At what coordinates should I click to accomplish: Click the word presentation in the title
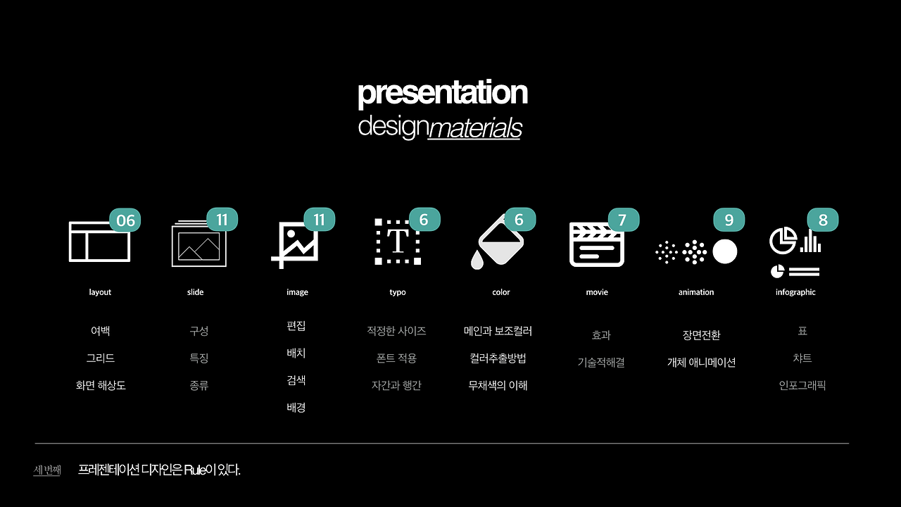[443, 94]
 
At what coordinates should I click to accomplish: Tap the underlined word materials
[475, 128]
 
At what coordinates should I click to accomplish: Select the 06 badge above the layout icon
[125, 220]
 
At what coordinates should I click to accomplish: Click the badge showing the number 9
[729, 220]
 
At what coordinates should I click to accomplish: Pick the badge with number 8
[823, 220]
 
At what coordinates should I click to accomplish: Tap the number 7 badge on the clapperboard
[624, 220]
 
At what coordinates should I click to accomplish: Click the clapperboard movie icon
[597, 244]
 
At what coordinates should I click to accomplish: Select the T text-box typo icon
[398, 242]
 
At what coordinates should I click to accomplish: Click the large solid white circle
[725, 252]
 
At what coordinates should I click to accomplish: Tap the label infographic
[795, 292]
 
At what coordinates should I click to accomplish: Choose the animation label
[696, 292]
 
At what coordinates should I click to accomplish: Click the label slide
[195, 292]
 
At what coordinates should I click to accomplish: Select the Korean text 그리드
[101, 358]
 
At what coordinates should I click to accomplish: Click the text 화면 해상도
[101, 385]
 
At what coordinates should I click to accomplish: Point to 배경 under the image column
[296, 408]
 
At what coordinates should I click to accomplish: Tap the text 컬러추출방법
[498, 358]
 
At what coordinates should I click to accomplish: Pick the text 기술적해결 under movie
[601, 363]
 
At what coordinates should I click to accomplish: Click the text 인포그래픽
[802, 385]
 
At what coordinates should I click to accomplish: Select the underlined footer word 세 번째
[47, 470]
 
